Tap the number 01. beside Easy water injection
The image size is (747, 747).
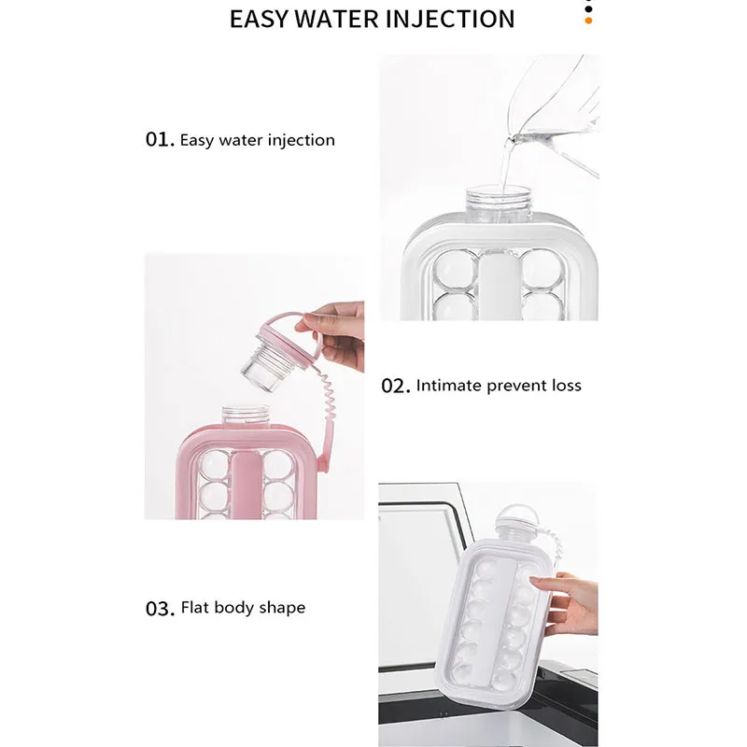[160, 140]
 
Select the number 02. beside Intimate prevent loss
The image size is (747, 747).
[395, 386]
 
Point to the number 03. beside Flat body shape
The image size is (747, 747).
[160, 608]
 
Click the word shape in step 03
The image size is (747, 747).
[281, 608]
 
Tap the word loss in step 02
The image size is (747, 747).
[565, 385]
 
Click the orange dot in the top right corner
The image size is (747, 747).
[588, 19]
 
